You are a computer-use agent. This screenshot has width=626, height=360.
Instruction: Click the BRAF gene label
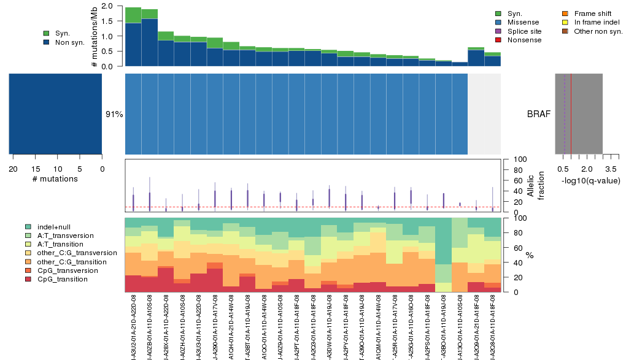click(538, 114)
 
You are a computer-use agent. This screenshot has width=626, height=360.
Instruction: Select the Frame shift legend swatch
click(566, 13)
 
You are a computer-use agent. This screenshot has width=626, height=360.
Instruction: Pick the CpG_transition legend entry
click(62, 279)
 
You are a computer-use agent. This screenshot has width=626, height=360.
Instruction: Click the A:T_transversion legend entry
click(65, 236)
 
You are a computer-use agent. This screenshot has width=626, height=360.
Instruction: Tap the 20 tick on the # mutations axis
click(13, 169)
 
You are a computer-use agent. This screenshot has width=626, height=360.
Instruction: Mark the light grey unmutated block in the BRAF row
click(484, 114)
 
